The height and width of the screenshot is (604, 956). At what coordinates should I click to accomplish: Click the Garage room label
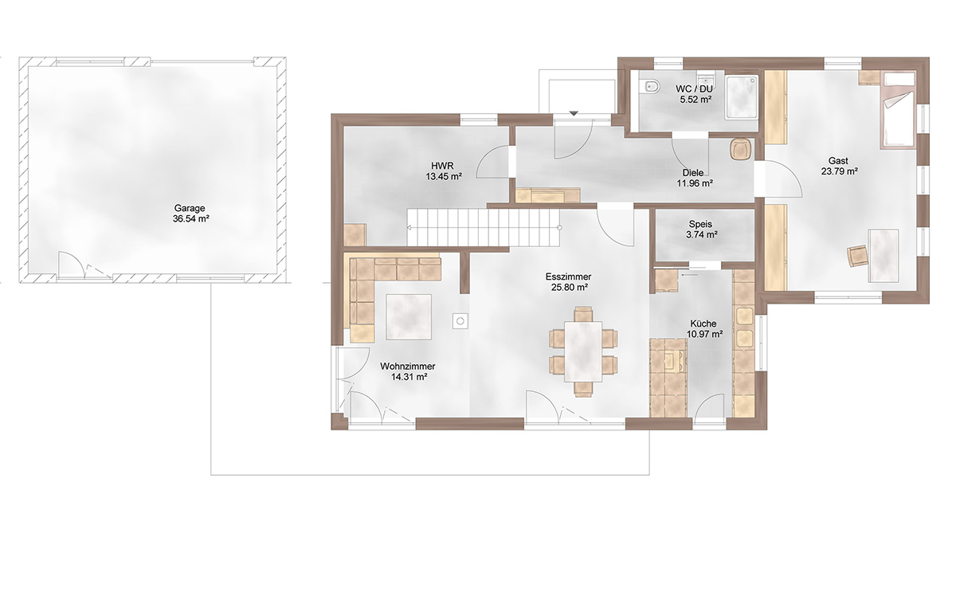point(190,208)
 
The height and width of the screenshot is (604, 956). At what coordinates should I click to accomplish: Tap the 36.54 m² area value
point(190,219)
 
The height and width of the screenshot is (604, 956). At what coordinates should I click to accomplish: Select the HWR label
point(442,166)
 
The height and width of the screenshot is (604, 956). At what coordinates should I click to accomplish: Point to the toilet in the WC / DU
point(652,87)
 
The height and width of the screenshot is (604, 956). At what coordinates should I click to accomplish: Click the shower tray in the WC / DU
point(742,96)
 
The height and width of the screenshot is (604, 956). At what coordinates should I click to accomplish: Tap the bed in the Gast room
point(898,110)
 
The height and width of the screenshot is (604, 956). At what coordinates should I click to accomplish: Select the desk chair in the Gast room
point(857,256)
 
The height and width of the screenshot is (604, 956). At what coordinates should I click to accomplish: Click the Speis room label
point(700,224)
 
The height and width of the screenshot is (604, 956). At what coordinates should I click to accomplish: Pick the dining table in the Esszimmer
point(583,351)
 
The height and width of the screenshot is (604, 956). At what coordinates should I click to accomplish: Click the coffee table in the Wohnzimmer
point(409,316)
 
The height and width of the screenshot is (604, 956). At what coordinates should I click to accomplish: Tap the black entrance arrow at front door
point(574,113)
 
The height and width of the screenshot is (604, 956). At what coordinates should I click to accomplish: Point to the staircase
point(483,227)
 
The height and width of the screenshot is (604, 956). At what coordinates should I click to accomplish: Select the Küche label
point(704,324)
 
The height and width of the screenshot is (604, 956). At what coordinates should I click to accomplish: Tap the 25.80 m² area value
point(570,288)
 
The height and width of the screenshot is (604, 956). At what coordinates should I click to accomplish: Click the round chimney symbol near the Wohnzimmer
point(460,320)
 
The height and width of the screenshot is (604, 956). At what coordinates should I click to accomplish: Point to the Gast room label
point(838,161)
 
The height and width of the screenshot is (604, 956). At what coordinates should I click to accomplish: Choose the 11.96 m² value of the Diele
point(695,183)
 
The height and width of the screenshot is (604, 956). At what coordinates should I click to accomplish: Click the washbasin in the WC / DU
point(706,79)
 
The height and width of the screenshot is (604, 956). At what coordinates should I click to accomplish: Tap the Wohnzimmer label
point(408,367)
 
